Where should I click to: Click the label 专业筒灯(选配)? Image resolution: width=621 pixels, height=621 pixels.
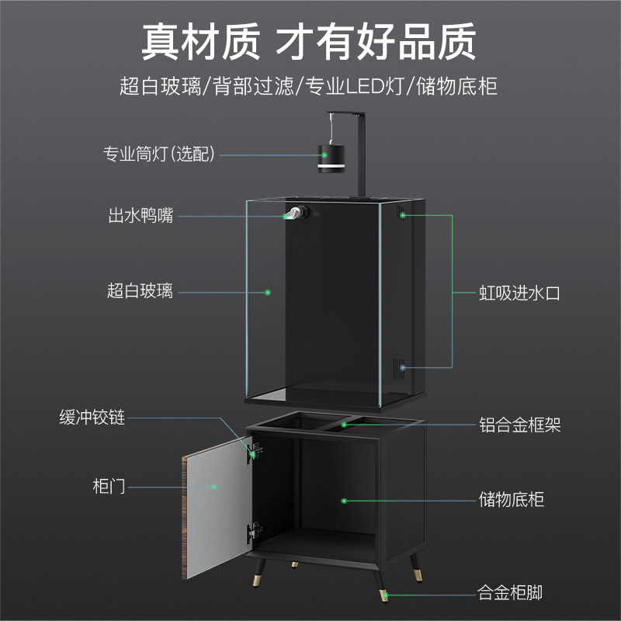click(x=159, y=153)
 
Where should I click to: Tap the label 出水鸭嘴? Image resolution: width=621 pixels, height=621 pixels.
click(x=141, y=216)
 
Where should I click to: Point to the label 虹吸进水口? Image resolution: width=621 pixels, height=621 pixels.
click(x=519, y=293)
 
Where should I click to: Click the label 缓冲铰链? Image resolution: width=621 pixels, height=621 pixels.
click(x=92, y=418)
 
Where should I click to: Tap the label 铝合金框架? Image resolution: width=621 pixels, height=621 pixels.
click(x=519, y=425)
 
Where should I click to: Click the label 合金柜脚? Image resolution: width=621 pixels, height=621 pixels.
click(x=510, y=595)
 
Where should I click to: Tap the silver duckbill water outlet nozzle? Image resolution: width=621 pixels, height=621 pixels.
click(x=293, y=215)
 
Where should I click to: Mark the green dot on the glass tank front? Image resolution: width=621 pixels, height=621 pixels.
click(x=267, y=293)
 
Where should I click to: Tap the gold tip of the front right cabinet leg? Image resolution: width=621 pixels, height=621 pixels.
click(x=385, y=596)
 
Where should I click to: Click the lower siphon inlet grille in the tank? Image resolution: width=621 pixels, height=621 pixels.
click(x=403, y=367)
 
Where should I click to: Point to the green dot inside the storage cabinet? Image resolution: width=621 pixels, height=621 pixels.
click(x=342, y=500)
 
